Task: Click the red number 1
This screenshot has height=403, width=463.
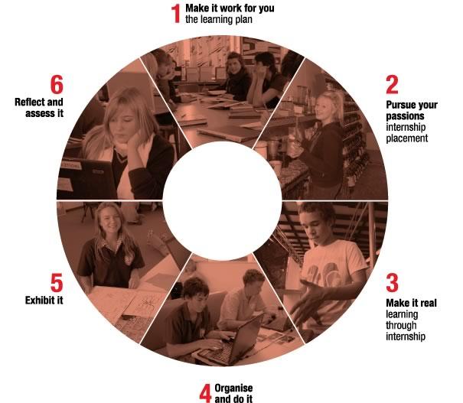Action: pos(176,13)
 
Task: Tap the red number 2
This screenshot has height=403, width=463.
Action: pos(393,83)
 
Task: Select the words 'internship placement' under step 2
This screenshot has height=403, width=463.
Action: pos(407,134)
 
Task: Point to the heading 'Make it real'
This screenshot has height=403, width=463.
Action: pos(411,303)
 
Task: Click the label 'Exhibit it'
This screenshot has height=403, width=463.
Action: pos(44,300)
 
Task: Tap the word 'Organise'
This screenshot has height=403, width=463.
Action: pos(233,388)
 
